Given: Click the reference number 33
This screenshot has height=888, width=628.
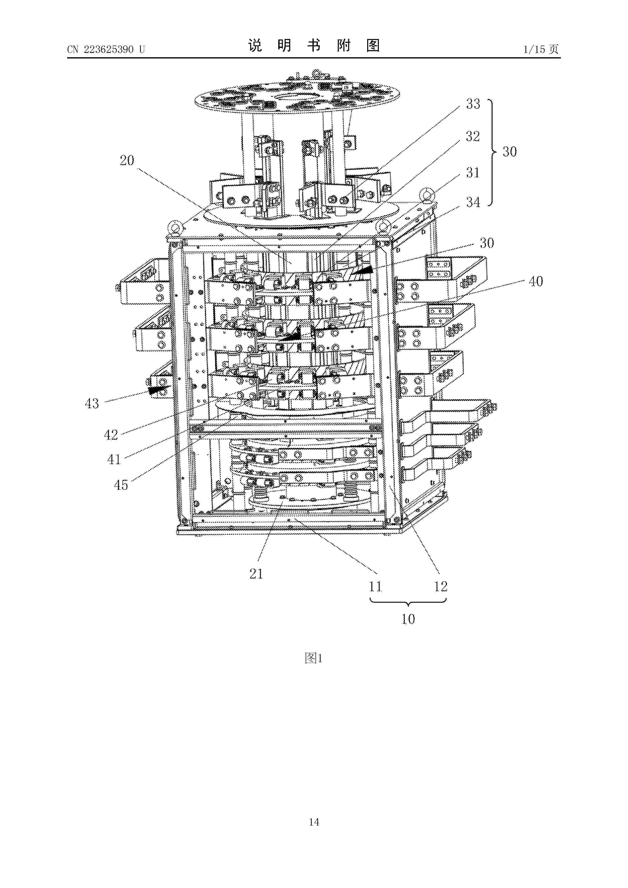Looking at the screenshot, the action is [473, 104].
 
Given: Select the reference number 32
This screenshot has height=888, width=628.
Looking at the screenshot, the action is [473, 136].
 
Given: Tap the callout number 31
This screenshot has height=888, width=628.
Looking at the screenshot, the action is [473, 172].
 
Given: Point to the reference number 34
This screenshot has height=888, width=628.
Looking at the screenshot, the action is [473, 202].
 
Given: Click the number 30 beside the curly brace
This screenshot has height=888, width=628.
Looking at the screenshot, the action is [509, 151].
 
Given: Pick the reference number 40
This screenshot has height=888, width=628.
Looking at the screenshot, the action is [536, 281].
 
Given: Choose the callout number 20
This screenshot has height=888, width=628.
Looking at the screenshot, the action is [127, 160].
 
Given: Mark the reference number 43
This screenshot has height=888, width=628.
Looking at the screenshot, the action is [92, 403].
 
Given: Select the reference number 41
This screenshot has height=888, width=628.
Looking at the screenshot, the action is [114, 459].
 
